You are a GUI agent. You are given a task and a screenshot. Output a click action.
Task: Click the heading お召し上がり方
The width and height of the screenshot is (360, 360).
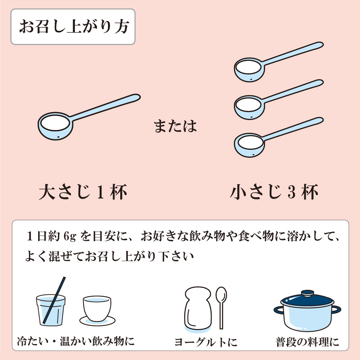click(74, 27)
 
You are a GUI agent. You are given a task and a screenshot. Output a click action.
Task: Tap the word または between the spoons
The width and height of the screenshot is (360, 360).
click(175, 126)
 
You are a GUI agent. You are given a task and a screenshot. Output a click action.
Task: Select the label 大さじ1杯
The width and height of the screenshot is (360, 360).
click(83, 192)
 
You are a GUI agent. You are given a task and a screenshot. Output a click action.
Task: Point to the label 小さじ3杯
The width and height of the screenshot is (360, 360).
click(274, 192)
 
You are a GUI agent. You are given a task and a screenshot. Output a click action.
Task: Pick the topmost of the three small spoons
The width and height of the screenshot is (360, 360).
click(279, 62)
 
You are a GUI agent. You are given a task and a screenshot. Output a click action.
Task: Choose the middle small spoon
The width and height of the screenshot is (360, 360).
click(279, 99)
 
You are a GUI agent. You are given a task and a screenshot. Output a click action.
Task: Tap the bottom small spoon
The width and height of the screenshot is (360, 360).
click(279, 137)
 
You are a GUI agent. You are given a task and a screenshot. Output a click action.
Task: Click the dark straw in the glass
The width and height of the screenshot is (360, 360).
click(54, 300)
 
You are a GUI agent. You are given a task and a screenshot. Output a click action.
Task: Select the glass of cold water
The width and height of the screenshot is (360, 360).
click(51, 310)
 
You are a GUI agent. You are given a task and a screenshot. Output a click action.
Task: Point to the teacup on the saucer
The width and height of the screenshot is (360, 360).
click(97, 309)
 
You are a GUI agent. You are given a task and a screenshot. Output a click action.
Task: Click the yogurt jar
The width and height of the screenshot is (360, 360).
click(198, 308)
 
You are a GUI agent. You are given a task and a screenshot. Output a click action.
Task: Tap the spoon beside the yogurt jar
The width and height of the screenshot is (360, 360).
click(221, 308)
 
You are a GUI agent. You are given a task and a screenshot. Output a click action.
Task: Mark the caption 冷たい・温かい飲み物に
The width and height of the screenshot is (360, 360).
click(76, 341)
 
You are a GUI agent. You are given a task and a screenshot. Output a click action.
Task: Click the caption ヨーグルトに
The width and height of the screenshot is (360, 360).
click(206, 342)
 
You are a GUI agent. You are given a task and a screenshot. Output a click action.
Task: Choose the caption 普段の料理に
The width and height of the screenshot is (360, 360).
click(307, 342)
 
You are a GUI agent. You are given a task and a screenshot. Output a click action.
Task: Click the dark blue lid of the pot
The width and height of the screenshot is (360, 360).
click(307, 299)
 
